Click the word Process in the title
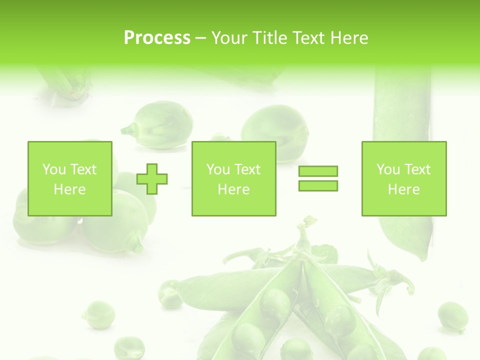pos(157,38)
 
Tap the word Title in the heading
pos(270,38)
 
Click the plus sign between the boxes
pos(152,178)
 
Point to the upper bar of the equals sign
pos(318,171)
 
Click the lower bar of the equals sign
pos(318,185)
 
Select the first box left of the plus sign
pos(69,178)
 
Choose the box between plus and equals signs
pos(233,178)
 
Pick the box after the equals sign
pos(403,178)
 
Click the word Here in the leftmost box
pos(69,189)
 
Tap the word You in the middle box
pos(218,169)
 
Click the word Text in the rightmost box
pos(417,169)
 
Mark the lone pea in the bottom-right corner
pos(452,316)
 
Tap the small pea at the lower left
pos(98,314)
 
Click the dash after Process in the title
pos(201,38)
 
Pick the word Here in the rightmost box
pos(403,189)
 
